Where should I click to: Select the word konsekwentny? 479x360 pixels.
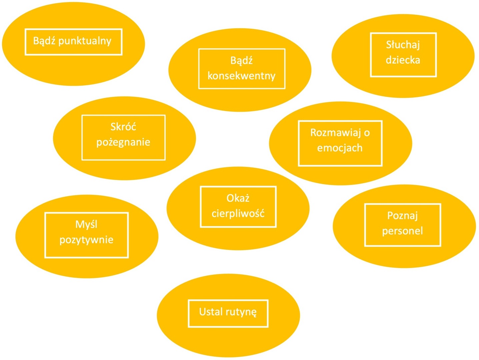click(241, 76)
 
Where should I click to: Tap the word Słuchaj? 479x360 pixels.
click(403, 45)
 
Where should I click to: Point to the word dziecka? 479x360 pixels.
click(403, 60)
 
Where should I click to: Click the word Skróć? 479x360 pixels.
click(123, 127)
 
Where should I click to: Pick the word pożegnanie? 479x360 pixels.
click(123, 142)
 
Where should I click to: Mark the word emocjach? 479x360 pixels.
click(340, 148)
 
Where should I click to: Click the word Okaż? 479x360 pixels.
click(238, 198)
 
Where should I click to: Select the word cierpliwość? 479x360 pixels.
click(238, 213)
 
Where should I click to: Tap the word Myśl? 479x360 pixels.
click(86, 224)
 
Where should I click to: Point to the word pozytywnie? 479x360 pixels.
click(86, 240)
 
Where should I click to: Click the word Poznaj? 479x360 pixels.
click(402, 216)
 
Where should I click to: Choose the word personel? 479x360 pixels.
click(402, 231)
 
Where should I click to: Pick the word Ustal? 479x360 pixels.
click(211, 312)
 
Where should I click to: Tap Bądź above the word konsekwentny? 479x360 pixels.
click(241, 61)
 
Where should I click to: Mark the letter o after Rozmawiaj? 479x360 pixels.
click(367, 133)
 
